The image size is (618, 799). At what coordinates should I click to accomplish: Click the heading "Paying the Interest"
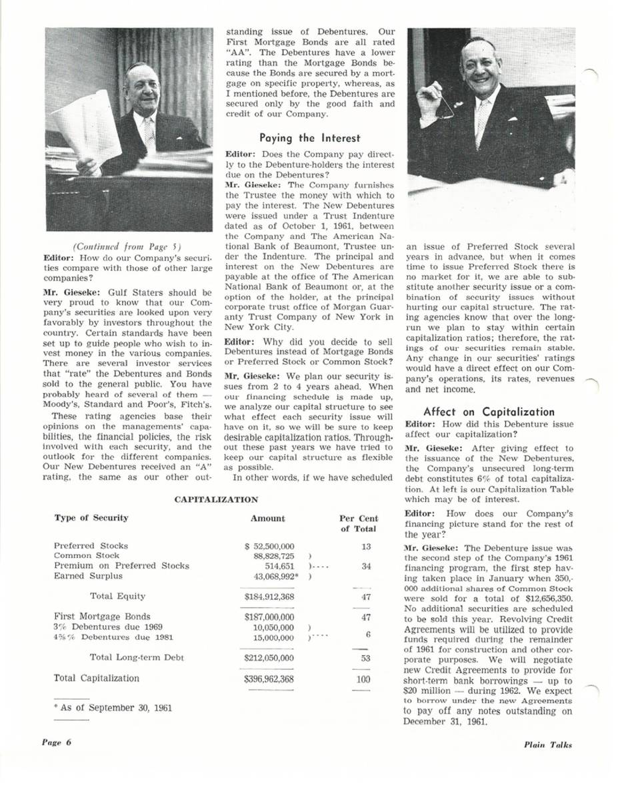(309, 138)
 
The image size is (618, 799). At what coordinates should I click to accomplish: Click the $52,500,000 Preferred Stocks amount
(270, 546)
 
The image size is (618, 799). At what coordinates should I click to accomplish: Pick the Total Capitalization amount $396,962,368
(269, 678)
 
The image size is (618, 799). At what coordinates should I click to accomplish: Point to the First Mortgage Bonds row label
(101, 617)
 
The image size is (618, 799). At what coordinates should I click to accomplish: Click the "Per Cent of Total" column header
(358, 523)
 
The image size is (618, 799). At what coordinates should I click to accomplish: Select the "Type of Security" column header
(91, 518)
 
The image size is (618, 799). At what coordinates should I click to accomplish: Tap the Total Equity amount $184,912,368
(269, 597)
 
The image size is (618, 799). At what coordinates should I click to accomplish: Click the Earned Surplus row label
(88, 576)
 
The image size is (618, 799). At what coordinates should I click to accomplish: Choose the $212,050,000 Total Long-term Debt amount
(269, 658)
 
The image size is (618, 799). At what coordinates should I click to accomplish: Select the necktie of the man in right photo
(481, 123)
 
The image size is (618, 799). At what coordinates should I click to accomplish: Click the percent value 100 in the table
(362, 679)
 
